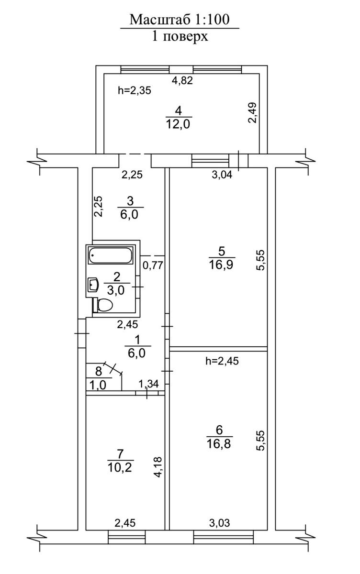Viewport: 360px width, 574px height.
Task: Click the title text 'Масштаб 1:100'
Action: (x=180, y=20)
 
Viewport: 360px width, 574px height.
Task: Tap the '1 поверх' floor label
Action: (x=180, y=36)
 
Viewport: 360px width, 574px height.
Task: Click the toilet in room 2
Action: (x=104, y=304)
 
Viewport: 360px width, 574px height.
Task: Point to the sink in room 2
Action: (x=93, y=285)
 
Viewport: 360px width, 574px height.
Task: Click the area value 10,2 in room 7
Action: (x=119, y=466)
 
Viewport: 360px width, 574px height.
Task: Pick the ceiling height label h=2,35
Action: (x=135, y=90)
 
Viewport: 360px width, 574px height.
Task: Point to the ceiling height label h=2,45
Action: (x=222, y=361)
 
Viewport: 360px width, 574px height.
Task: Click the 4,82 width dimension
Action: (x=182, y=80)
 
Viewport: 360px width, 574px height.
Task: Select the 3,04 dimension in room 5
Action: (x=222, y=175)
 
